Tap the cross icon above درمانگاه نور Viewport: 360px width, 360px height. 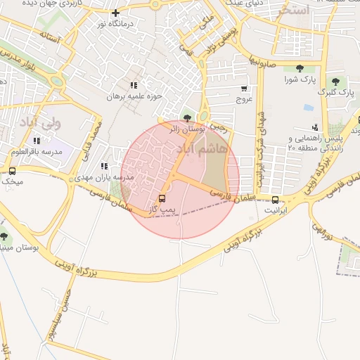click(x=116, y=12)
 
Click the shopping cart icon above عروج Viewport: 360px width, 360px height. click(x=244, y=89)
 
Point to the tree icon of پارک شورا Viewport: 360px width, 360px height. click(x=300, y=68)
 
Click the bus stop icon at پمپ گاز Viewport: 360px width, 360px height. click(x=162, y=199)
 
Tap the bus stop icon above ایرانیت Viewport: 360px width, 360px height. click(x=275, y=199)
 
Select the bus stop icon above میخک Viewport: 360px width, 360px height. click(x=12, y=171)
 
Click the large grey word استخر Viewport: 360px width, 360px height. click(x=292, y=11)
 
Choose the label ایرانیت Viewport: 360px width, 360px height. click(x=275, y=210)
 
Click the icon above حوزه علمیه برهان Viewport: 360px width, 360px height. click(x=134, y=84)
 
